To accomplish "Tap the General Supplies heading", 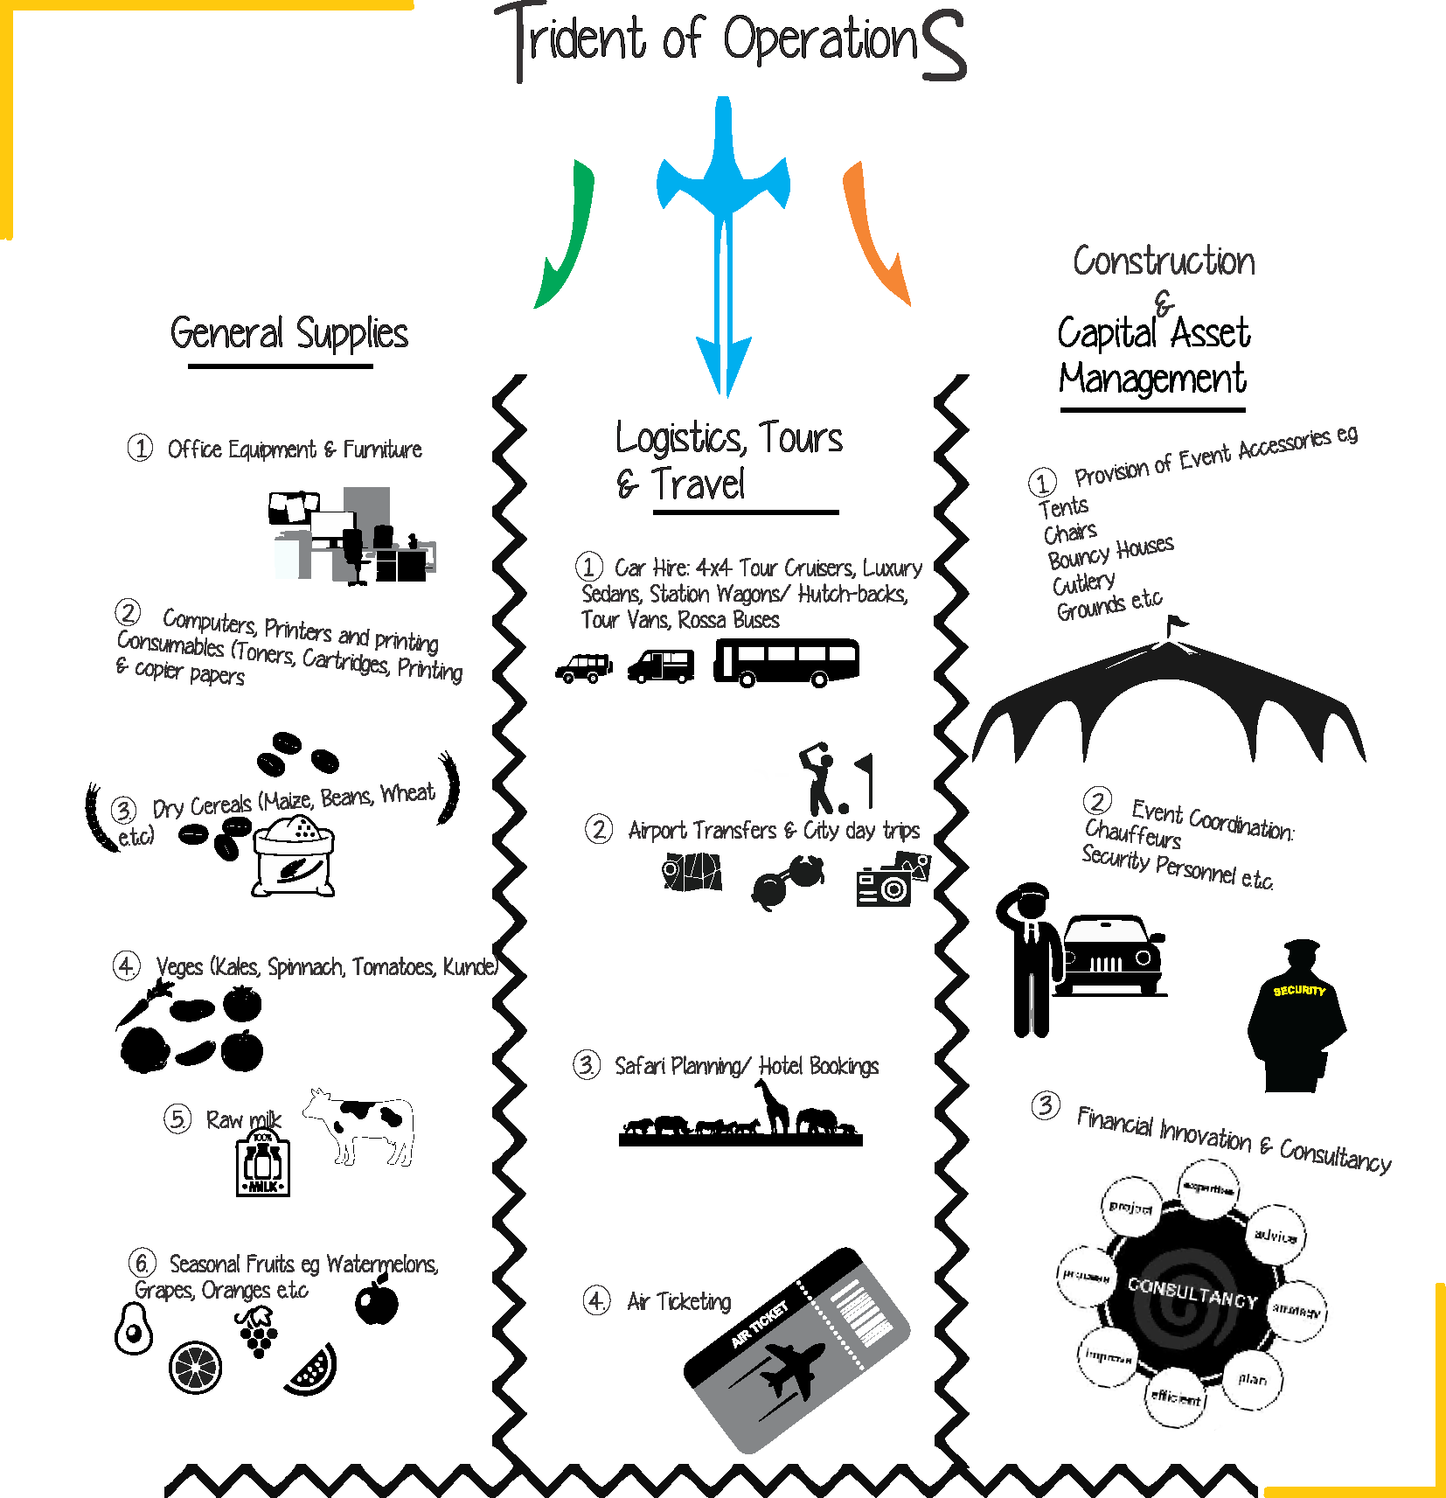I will click(289, 333).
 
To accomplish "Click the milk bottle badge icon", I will click(263, 1163).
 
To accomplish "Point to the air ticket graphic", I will click(796, 1351).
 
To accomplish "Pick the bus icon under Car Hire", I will click(786, 662).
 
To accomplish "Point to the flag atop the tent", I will click(1177, 623).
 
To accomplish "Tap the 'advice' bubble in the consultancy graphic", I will click(1275, 1235).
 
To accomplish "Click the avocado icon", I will click(134, 1328).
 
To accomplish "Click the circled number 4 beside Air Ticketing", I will click(596, 1300).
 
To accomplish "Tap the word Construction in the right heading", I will click(1164, 261).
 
